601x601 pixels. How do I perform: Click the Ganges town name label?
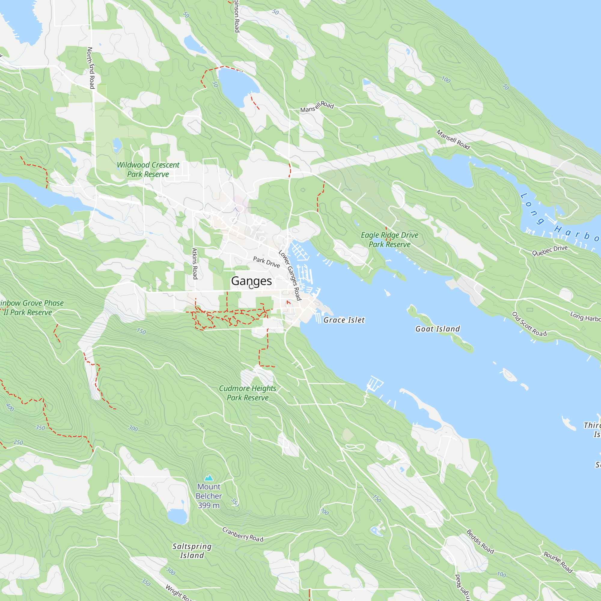251,281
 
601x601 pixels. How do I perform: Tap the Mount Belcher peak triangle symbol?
209,478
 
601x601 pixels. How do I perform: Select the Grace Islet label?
344,320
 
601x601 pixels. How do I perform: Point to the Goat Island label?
437,329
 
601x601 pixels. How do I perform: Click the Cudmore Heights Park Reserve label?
247,393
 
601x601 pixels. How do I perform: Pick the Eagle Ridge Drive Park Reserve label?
389,239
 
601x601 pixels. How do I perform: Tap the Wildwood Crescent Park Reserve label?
148,169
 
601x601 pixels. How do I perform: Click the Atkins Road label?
195,264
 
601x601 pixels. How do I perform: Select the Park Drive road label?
267,262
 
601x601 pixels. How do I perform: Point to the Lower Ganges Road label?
290,275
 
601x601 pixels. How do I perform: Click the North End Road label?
91,68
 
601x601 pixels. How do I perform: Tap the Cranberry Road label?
243,534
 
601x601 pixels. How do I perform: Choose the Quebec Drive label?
550,250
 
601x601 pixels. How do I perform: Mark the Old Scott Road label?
529,325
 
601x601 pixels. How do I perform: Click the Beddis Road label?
480,542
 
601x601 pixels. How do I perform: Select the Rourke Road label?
558,562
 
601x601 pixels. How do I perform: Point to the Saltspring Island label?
192,551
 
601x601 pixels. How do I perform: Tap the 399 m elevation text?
209,505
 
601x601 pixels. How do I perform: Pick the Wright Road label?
177,593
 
